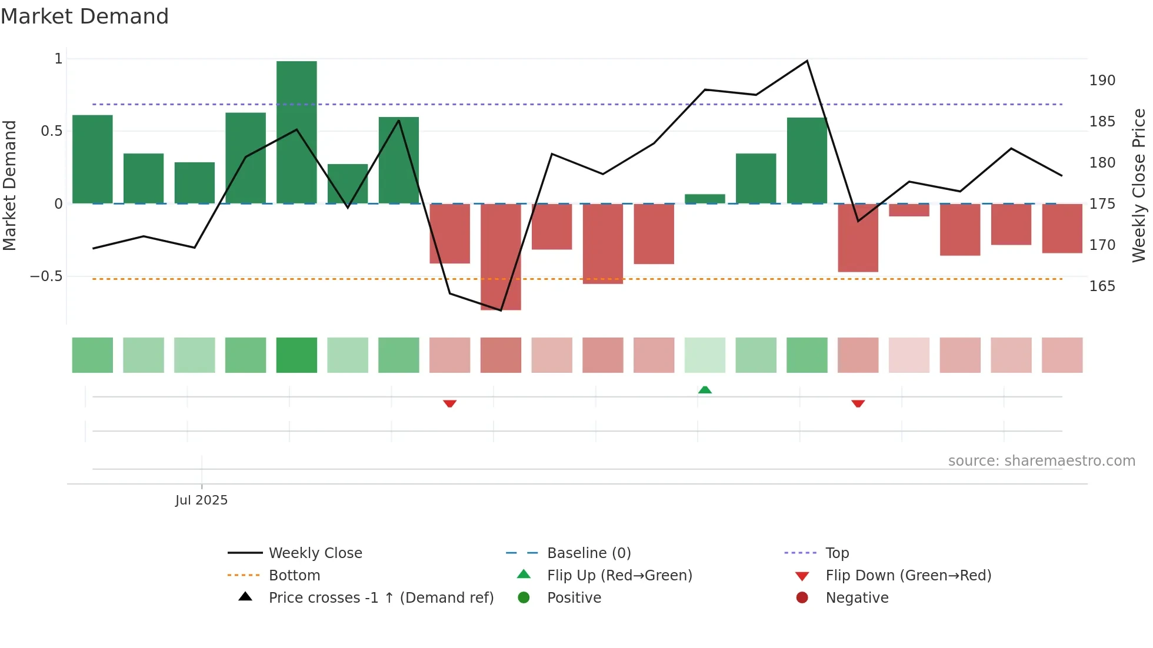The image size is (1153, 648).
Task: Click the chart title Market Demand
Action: pyautogui.click(x=85, y=16)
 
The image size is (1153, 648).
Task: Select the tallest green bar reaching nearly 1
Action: pyautogui.click(x=296, y=132)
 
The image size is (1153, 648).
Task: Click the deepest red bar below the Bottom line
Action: pyautogui.click(x=501, y=256)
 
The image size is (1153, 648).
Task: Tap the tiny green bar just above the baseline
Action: pyautogui.click(x=705, y=199)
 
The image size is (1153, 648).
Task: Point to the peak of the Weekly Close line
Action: pyautogui.click(x=807, y=61)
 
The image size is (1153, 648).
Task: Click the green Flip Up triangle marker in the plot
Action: pyautogui.click(x=705, y=390)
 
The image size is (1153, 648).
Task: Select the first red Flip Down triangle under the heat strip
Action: pyautogui.click(x=449, y=403)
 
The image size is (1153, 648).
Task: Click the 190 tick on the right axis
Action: pyautogui.click(x=1102, y=81)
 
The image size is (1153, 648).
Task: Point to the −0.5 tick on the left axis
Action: pyautogui.click(x=46, y=276)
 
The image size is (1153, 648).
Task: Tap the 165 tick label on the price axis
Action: pyautogui.click(x=1102, y=286)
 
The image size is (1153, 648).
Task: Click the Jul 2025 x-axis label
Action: pyautogui.click(x=201, y=500)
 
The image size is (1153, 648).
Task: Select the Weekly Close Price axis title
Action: pyautogui.click(x=1139, y=185)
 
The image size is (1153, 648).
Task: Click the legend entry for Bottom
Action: pyautogui.click(x=294, y=575)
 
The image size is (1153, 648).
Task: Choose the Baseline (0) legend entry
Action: pyautogui.click(x=588, y=553)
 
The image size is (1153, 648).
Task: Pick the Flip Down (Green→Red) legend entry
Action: pyautogui.click(x=908, y=575)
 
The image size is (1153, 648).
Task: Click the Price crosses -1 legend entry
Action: pyautogui.click(x=381, y=597)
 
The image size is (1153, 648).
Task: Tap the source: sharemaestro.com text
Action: pyautogui.click(x=1041, y=461)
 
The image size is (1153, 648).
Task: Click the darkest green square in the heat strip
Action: pyautogui.click(x=296, y=355)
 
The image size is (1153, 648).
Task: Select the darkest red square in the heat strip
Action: pyautogui.click(x=501, y=355)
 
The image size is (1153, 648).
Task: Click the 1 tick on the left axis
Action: pyautogui.click(x=58, y=59)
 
